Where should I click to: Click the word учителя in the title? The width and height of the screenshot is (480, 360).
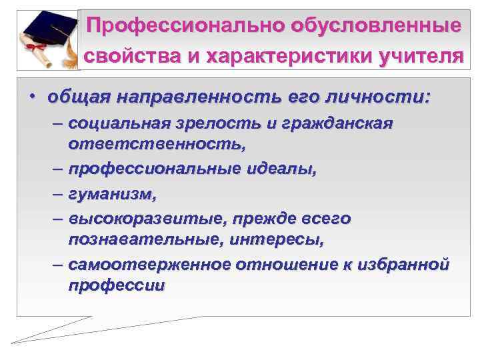[416, 57]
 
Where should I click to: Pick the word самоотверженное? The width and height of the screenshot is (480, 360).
[150, 264]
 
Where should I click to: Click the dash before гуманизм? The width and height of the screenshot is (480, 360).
[57, 194]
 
